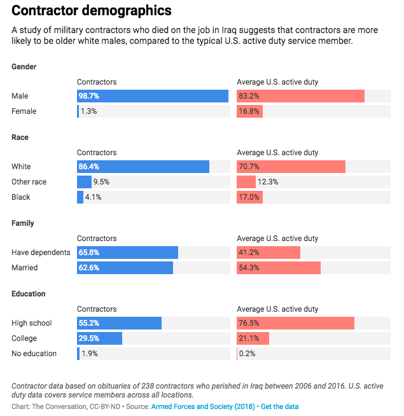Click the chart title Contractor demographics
(92, 11)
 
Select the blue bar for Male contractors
(153, 96)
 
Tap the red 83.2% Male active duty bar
(300, 96)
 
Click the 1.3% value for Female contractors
(89, 111)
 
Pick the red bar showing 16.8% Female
(249, 111)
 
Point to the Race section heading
(20, 137)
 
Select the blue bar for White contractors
(143, 167)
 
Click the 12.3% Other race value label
(268, 182)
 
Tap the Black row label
(21, 197)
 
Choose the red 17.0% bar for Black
(249, 197)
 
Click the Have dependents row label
(41, 253)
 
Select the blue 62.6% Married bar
(125, 268)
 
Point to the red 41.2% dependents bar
(268, 253)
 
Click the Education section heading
(28, 294)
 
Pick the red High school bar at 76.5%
(295, 323)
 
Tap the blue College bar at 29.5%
(99, 338)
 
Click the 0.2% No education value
(247, 354)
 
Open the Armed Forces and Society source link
(203, 406)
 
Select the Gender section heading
(24, 67)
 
